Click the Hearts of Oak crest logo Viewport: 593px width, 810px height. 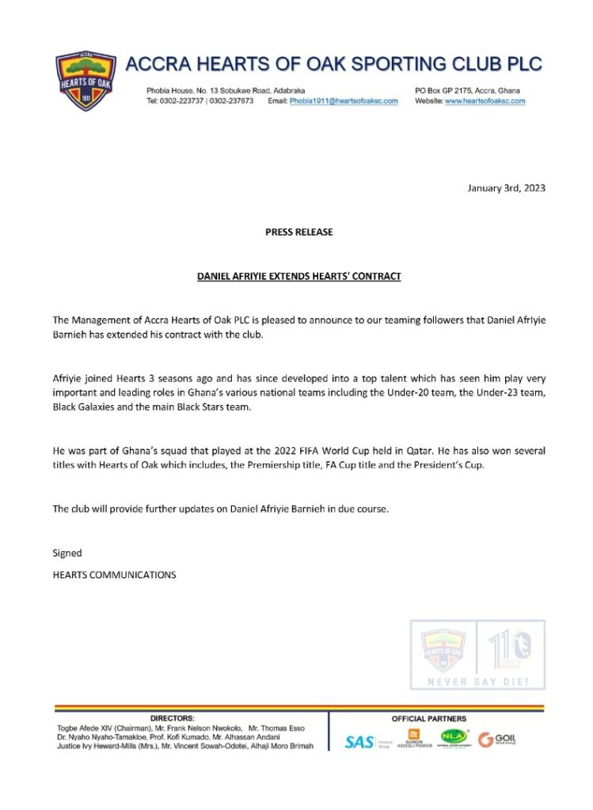[86, 81]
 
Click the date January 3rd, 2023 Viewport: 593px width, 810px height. [507, 188]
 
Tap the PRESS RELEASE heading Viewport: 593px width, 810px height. [298, 232]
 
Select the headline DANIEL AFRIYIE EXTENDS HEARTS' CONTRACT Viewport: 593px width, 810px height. [298, 276]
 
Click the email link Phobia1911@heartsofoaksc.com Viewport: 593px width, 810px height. [344, 101]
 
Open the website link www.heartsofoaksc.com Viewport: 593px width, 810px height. [485, 101]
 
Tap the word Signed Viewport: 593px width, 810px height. [67, 553]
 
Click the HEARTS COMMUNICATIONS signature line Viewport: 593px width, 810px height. [114, 575]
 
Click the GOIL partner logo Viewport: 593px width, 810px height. [497, 740]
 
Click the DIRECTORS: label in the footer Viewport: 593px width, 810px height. [172, 718]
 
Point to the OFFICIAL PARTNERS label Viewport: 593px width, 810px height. [428, 718]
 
